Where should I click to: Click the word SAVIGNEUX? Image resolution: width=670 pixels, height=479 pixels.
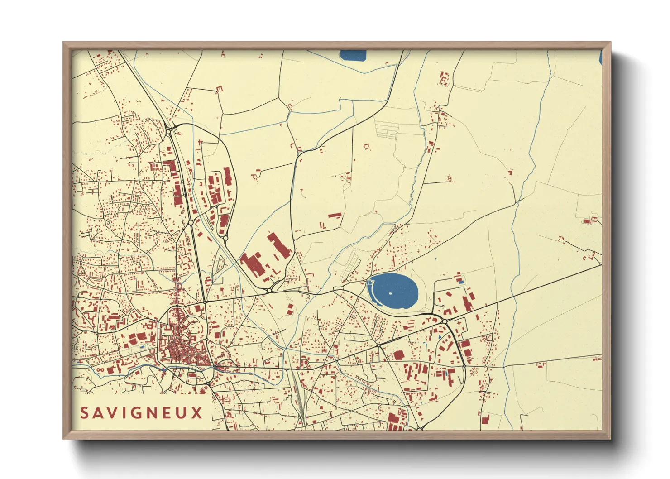[x=142, y=412]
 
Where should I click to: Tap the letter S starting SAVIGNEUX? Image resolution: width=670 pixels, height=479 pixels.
[x=85, y=412]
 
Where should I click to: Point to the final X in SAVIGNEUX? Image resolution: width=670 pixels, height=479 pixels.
[x=197, y=412]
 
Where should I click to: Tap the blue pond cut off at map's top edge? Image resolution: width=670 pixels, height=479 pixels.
[x=353, y=55]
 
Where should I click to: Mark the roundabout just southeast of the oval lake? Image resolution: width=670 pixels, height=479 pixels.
[x=445, y=321]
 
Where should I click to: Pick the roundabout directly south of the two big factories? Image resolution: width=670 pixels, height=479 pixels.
[x=269, y=291]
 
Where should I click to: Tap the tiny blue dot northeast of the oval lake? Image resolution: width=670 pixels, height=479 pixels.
[x=435, y=259]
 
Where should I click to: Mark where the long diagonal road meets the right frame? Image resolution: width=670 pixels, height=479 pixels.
[x=601, y=265]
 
